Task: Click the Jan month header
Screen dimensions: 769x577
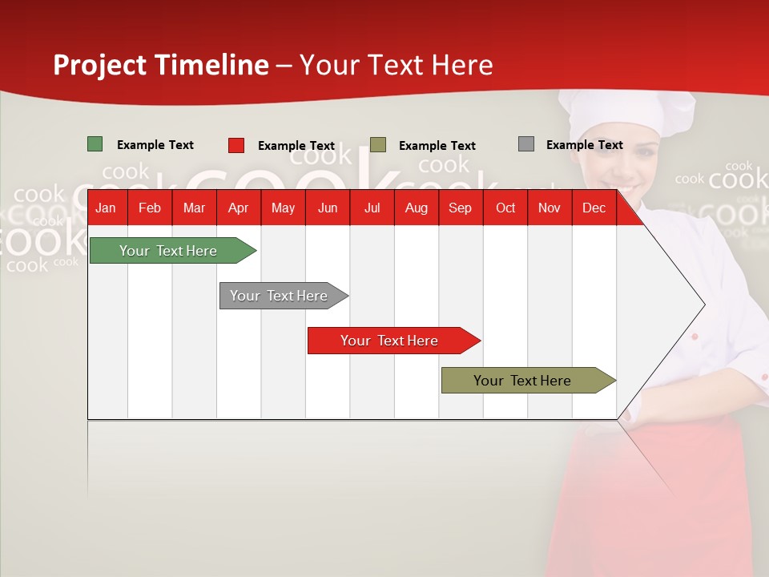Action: pyautogui.click(x=106, y=208)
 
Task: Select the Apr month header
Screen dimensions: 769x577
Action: pyautogui.click(x=239, y=208)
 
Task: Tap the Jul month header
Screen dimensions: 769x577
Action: pyautogui.click(x=372, y=208)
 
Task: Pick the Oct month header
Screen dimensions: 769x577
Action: pyautogui.click(x=505, y=208)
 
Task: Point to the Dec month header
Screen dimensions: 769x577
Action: pyautogui.click(x=594, y=208)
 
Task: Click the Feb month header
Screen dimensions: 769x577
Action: pyautogui.click(x=150, y=208)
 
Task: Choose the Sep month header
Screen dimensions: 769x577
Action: pyautogui.click(x=460, y=208)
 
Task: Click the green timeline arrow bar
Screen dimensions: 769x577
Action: pyautogui.click(x=173, y=250)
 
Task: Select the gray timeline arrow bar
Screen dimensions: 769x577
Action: pyautogui.click(x=284, y=296)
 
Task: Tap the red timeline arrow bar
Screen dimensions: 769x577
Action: pyautogui.click(x=394, y=341)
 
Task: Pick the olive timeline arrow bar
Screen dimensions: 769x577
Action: pyautogui.click(x=529, y=380)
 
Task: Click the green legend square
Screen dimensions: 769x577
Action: pyautogui.click(x=95, y=144)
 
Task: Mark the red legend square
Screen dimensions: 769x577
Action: pyautogui.click(x=236, y=145)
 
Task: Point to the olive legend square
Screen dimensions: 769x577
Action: pyautogui.click(x=377, y=145)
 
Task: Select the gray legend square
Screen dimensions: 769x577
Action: pyautogui.click(x=526, y=144)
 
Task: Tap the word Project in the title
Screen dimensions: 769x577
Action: pyautogui.click(x=99, y=65)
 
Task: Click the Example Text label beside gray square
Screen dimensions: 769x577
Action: pyautogui.click(x=585, y=145)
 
